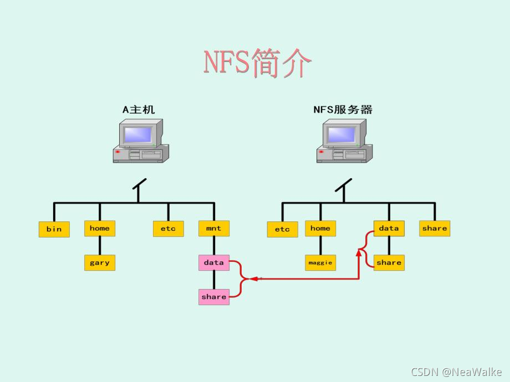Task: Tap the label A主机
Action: pyautogui.click(x=139, y=110)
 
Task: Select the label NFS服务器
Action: pyautogui.click(x=343, y=110)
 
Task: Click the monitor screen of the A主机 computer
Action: pyautogui.click(x=138, y=135)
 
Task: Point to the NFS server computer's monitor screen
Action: pyautogui.click(x=341, y=135)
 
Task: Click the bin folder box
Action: pyautogui.click(x=54, y=229)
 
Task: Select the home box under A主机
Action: pyautogui.click(x=100, y=228)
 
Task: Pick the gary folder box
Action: pyautogui.click(x=100, y=262)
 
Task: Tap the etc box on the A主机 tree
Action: pyautogui.click(x=169, y=228)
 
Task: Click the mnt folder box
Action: pyautogui.click(x=214, y=228)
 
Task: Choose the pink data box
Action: pyautogui.click(x=214, y=262)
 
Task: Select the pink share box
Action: pyautogui.click(x=214, y=297)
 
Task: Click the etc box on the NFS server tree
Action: pyautogui.click(x=282, y=229)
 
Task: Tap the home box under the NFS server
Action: pyautogui.click(x=320, y=228)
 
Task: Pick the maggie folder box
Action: pyautogui.click(x=320, y=262)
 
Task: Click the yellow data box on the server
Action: pyautogui.click(x=389, y=228)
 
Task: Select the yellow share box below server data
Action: pyautogui.click(x=389, y=262)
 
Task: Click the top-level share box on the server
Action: pyautogui.click(x=435, y=228)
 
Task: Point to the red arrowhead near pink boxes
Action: pyautogui.click(x=254, y=278)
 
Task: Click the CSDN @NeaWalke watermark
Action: pyautogui.click(x=456, y=372)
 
